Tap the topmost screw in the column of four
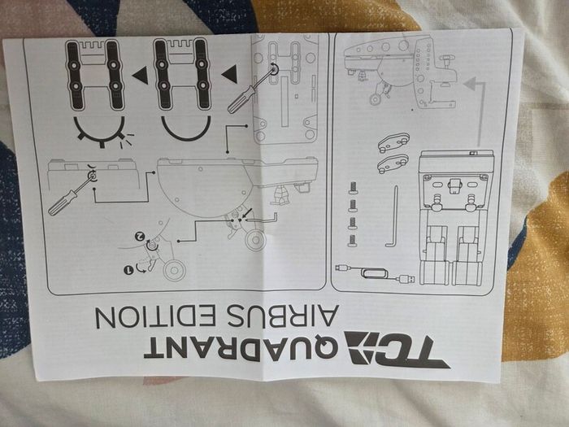point(352,188)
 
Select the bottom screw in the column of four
point(352,241)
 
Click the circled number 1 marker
point(128,270)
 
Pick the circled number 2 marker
point(139,236)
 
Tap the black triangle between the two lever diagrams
point(140,75)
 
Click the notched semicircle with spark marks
point(100,132)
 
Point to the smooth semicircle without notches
point(186,129)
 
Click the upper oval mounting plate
point(393,142)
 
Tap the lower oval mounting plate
point(393,163)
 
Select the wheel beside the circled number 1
point(174,270)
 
